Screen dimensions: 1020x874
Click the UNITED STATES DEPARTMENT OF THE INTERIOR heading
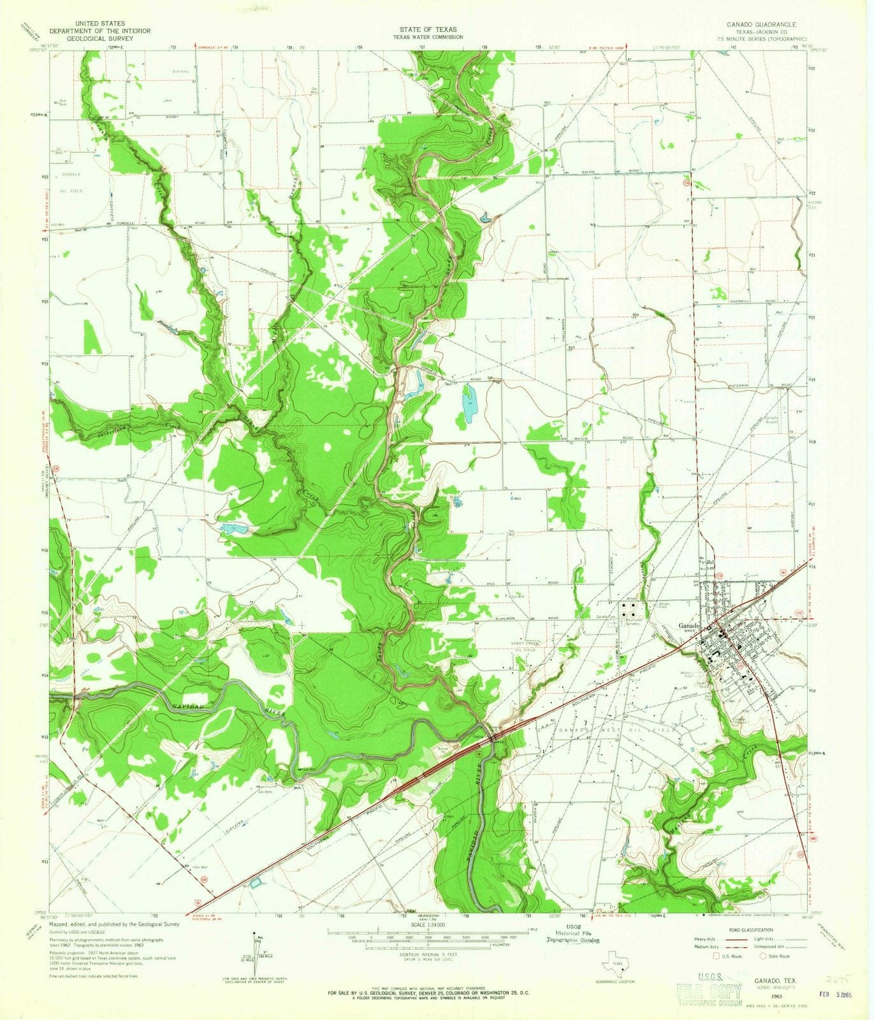[x=100, y=30]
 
